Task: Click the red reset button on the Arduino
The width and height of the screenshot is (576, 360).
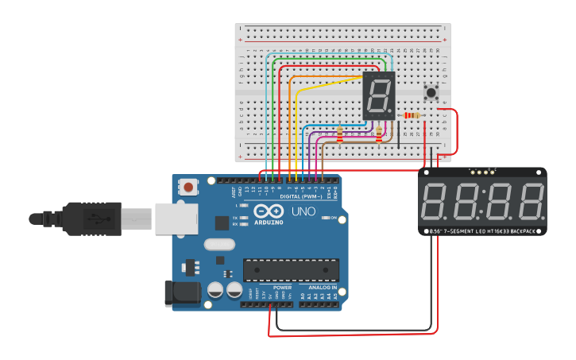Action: [188, 188]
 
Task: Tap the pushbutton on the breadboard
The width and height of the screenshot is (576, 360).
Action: [431, 92]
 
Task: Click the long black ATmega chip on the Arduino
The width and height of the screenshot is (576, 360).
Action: [291, 269]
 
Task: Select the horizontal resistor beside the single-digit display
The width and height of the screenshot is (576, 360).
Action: [411, 116]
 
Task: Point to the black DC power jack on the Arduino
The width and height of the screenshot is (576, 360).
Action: [182, 292]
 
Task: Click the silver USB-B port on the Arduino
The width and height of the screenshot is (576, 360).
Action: [176, 218]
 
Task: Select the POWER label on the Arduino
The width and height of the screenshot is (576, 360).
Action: [282, 287]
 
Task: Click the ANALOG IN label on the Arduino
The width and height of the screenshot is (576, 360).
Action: [322, 287]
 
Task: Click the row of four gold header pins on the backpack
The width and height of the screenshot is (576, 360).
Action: [481, 171]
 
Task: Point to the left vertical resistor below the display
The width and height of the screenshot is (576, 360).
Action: [340, 135]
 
